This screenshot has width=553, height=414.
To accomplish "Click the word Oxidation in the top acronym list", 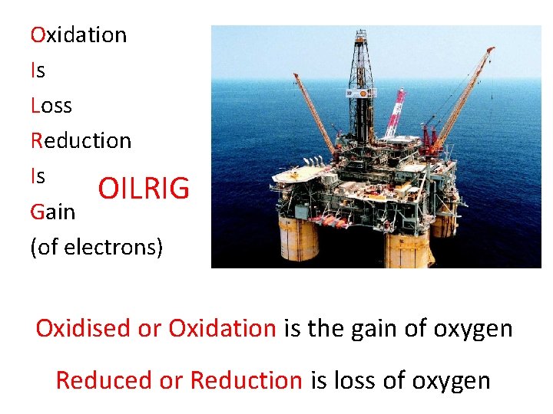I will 78,35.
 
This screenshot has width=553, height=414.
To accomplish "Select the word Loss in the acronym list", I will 51,106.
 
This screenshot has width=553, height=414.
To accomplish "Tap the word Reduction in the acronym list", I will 81,141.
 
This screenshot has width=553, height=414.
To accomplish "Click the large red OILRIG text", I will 144,189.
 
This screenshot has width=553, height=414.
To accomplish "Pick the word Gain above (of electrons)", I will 53,212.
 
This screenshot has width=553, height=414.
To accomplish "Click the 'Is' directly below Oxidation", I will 38,71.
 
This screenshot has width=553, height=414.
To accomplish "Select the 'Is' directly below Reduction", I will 38,176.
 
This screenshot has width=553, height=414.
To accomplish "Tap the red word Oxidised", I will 83,329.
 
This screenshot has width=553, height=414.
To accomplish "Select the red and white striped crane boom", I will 396,111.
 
